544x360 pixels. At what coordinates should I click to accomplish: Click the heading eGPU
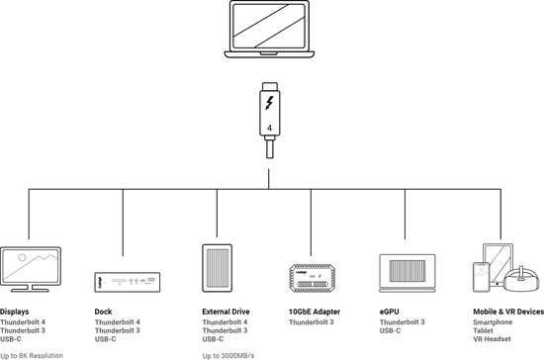(390, 312)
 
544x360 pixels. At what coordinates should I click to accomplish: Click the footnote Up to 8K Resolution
(32, 354)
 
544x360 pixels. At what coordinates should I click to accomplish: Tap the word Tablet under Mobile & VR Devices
(485, 331)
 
